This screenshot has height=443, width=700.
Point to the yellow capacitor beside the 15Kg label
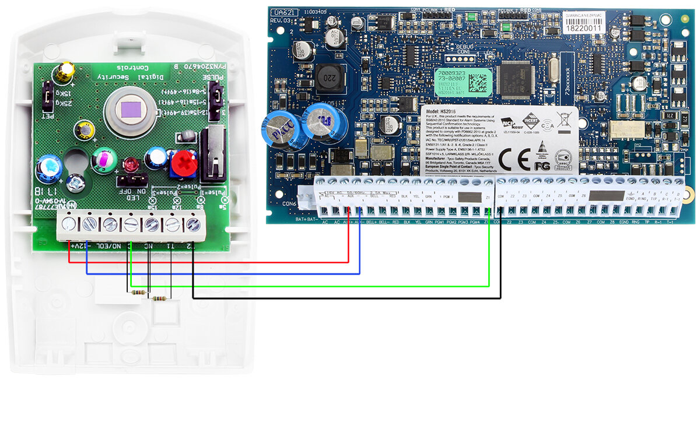tap(65, 73)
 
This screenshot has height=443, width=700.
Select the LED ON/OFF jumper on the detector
tap(131, 182)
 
